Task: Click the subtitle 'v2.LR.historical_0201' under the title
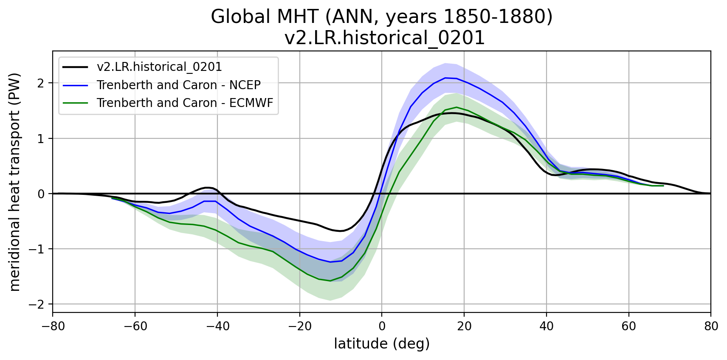pyautogui.click(x=384, y=38)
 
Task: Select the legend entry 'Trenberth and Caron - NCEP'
pyautogui.click(x=178, y=85)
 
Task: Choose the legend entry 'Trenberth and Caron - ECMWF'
pyautogui.click(x=185, y=103)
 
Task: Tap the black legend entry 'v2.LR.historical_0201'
pyautogui.click(x=159, y=67)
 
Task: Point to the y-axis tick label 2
pyautogui.click(x=41, y=83)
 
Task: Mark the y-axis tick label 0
pyautogui.click(x=41, y=194)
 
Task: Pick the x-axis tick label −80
pyautogui.click(x=53, y=326)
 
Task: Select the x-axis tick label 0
pyautogui.click(x=382, y=326)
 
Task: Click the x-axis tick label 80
pyautogui.click(x=710, y=326)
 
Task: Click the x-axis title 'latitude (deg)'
pyautogui.click(x=382, y=344)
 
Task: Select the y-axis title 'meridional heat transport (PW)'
pyautogui.click(x=15, y=182)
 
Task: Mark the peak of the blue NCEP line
pyautogui.click(x=445, y=78)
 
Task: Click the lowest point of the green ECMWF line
pyautogui.click(x=330, y=281)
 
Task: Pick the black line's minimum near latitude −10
pyautogui.click(x=341, y=231)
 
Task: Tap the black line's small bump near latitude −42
pyautogui.click(x=208, y=188)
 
